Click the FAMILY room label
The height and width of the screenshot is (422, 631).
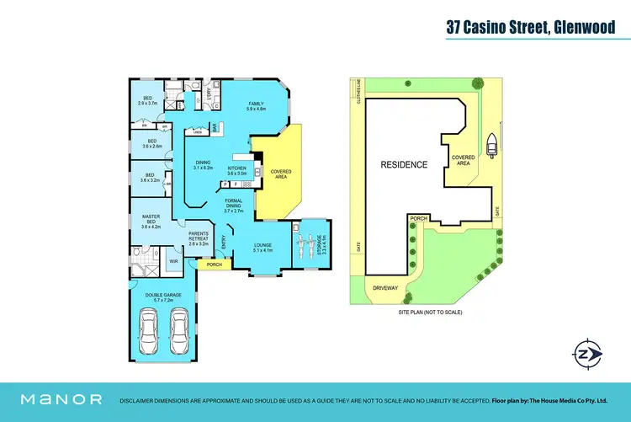click(x=256, y=105)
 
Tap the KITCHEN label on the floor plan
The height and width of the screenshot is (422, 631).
click(x=237, y=170)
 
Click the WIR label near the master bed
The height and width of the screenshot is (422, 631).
click(x=173, y=262)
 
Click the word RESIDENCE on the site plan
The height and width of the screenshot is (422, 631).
click(x=404, y=164)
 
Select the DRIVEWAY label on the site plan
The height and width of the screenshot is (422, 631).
click(x=384, y=288)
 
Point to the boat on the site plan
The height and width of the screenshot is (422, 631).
click(x=490, y=150)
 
